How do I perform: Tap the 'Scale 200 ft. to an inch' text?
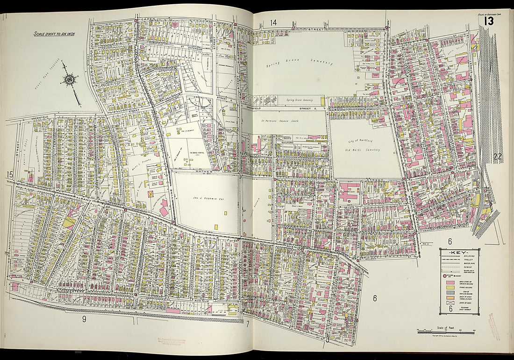pos(55,34)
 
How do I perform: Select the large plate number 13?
pos(489,22)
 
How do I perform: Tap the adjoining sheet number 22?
pos(497,157)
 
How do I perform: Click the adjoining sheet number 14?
pos(273,22)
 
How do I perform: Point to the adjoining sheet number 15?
pos(9,175)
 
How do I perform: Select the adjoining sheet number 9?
pos(84,320)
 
